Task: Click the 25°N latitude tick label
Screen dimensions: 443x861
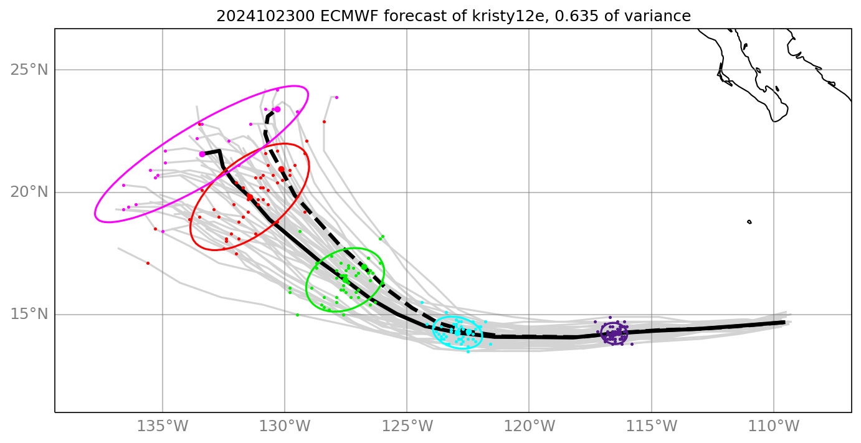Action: pyautogui.click(x=29, y=70)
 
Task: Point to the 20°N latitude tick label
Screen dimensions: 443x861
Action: pyautogui.click(x=29, y=192)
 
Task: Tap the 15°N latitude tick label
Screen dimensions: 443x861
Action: pyautogui.click(x=29, y=314)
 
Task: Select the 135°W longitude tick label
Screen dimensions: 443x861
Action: pyautogui.click(x=163, y=427)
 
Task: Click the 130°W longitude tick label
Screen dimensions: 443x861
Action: pyautogui.click(x=285, y=427)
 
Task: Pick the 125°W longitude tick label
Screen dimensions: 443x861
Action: pyautogui.click(x=407, y=427)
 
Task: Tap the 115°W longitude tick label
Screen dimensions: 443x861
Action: pyautogui.click(x=652, y=427)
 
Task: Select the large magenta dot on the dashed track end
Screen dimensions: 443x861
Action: pyautogui.click(x=277, y=109)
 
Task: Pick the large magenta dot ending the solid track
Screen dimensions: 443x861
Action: pyautogui.click(x=202, y=154)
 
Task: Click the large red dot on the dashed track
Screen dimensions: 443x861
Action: pyautogui.click(x=281, y=169)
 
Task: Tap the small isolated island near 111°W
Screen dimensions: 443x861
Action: pyautogui.click(x=749, y=222)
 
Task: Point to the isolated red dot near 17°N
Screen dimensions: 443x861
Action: pyautogui.click(x=148, y=263)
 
